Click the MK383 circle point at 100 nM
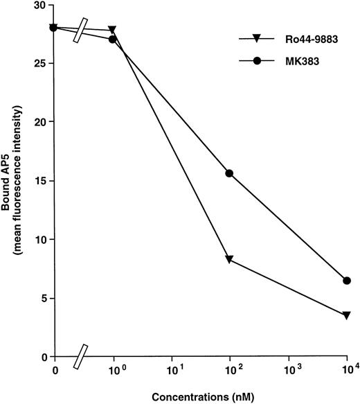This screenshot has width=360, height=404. (x=230, y=173)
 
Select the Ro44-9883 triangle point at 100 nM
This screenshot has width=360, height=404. (x=230, y=259)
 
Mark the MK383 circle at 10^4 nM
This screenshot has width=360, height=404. (x=347, y=281)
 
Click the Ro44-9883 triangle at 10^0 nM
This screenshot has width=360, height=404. (x=112, y=30)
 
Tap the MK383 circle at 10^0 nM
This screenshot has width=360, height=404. (x=112, y=39)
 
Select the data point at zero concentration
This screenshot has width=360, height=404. (x=53, y=28)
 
